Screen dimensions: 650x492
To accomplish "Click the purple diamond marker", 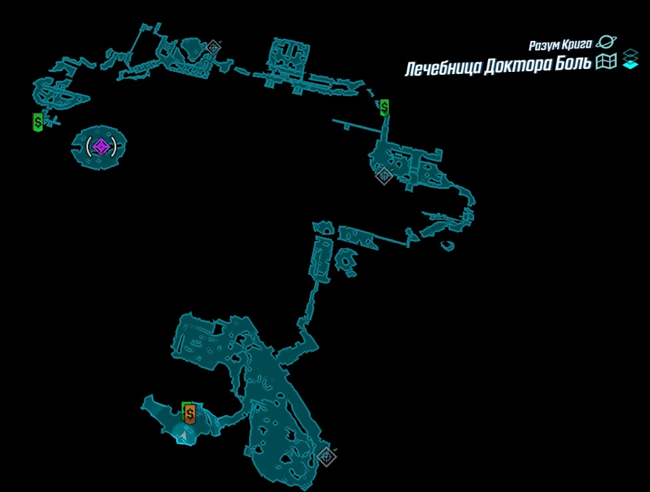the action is [x=101, y=147].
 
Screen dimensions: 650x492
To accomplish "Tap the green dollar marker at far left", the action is [x=38, y=122].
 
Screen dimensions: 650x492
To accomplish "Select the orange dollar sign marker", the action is [x=190, y=414].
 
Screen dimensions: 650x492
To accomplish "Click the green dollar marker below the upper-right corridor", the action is [x=385, y=107].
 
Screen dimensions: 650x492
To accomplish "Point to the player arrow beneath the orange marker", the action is [x=183, y=435].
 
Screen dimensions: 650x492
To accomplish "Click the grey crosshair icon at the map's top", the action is [x=213, y=48].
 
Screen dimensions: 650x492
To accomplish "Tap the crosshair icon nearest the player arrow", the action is [x=326, y=457].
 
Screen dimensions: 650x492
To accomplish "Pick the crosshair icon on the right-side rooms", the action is [x=384, y=176].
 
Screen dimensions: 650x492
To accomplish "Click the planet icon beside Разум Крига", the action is [x=606, y=42].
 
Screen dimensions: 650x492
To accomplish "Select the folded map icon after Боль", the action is [x=606, y=61].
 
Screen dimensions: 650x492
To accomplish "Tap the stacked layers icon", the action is [x=630, y=59].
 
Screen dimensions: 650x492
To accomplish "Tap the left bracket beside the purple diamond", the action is [x=88, y=147].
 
